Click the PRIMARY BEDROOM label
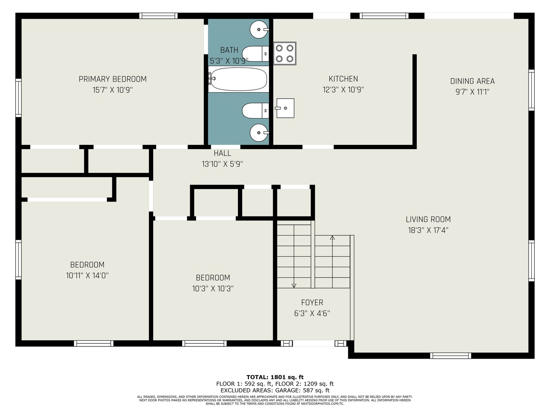pos(113,79)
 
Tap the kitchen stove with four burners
pos(285,54)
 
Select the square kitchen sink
pos(285,108)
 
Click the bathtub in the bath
pos(238,79)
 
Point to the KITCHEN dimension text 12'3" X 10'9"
pos(343,89)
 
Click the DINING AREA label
pos(472,81)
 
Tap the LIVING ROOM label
pos(428,220)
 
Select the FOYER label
pos(312,302)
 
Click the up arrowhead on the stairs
pos(332,237)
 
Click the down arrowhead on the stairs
pos(294,286)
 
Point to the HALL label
pos(222,153)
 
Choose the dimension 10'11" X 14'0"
pos(87,276)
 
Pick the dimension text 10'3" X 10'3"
pos(213,289)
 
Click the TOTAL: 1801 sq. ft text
pos(275,377)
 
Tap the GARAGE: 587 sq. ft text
pos(302,390)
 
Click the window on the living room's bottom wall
pos(451,356)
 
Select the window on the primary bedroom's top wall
pos(159,16)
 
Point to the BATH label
pos(229,50)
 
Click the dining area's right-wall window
pos(531,90)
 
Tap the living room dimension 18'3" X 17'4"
pos(428,230)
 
